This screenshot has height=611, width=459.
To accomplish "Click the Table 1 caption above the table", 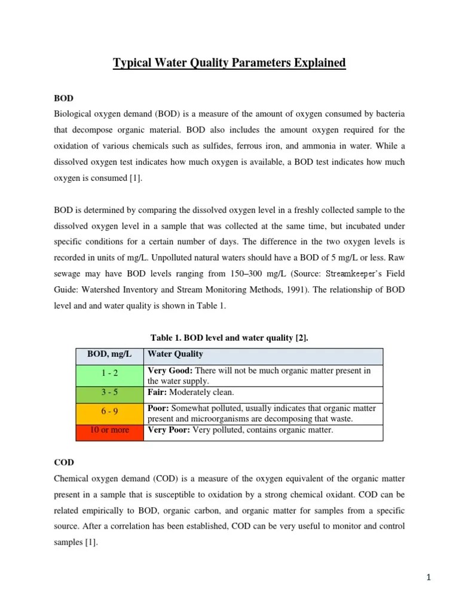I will (229, 338).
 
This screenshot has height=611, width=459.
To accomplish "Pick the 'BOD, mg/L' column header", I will (109, 354).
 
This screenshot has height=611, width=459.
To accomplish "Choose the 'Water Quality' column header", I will (175, 354).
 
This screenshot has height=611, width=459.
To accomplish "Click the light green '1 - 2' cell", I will (109, 375).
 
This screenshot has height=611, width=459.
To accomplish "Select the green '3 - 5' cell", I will (109, 393).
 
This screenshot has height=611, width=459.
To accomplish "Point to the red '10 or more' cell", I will (109, 430).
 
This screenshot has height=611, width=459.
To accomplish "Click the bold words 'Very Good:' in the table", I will (170, 371).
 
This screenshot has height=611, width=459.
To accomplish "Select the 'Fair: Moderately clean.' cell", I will (191, 393).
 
